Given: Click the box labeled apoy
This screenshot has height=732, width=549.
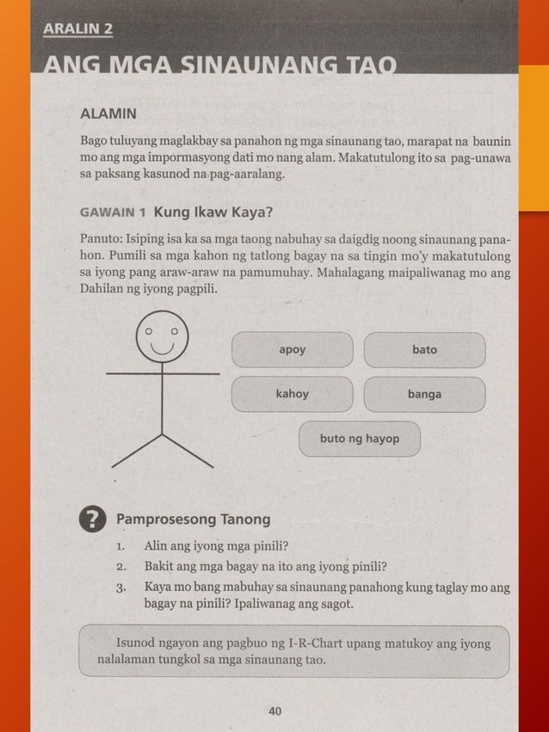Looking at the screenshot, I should [292, 350].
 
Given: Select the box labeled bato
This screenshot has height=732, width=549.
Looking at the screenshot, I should [424, 350].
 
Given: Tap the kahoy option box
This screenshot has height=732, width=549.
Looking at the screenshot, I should [292, 394].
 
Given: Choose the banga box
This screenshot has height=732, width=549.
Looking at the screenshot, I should [424, 394].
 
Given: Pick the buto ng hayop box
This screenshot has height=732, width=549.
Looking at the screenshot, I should [359, 439].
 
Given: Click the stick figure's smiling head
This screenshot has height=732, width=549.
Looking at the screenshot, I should [162, 338].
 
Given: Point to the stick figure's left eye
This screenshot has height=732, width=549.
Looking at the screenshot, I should [149, 329].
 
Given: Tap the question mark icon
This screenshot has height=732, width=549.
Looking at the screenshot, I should [92, 520].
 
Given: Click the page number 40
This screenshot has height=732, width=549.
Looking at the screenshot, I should [275, 710].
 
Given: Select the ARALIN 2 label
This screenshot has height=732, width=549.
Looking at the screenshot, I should [77, 28].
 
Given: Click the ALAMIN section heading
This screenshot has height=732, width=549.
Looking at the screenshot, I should [108, 114].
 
